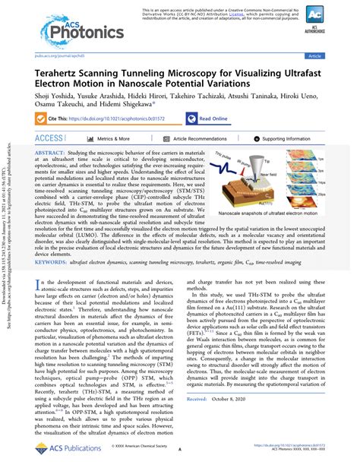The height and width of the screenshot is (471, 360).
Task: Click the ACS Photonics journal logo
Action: click(x=75, y=30)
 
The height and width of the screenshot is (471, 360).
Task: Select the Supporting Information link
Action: click(x=295, y=139)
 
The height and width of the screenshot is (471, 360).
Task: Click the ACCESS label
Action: click(x=49, y=138)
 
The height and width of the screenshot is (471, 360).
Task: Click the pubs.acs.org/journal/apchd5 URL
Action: click(x=63, y=55)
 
